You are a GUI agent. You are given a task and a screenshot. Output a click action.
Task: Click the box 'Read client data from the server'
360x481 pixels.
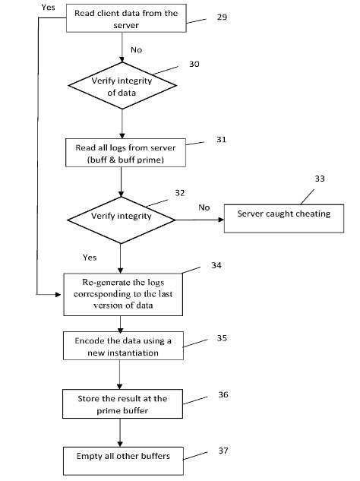tap(126, 18)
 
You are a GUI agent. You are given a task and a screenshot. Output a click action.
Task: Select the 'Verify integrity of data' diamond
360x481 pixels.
tap(122, 86)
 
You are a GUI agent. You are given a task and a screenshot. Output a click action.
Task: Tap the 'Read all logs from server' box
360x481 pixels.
tap(125, 153)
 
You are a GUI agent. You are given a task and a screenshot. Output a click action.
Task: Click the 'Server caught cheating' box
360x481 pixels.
tap(284, 218)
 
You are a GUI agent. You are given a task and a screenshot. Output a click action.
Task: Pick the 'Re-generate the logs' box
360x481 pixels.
tap(123, 295)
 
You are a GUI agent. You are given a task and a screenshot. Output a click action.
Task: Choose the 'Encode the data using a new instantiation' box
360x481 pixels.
tap(123, 346)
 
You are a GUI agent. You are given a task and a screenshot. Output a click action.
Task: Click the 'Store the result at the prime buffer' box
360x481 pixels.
tap(122, 404)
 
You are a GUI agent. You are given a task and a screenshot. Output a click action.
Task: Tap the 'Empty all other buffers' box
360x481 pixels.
tap(123, 461)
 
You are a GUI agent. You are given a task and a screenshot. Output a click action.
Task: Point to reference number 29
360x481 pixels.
tap(222, 17)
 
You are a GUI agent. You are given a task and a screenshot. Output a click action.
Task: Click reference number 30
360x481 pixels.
tap(194, 64)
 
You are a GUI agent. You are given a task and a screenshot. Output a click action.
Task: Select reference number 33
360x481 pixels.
tap(320, 179)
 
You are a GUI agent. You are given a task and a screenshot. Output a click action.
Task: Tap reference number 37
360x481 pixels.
tap(223, 451)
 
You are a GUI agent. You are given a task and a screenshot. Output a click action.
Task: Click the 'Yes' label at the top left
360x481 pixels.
tap(48, 7)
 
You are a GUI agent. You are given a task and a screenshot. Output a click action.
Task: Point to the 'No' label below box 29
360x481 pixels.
tap(136, 49)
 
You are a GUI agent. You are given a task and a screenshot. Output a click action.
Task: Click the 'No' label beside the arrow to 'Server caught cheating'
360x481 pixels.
tap(204, 207)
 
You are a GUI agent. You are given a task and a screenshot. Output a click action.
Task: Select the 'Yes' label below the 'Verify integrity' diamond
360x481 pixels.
tap(89, 257)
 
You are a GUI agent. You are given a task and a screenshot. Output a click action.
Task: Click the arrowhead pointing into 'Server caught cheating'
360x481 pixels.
tap(221, 220)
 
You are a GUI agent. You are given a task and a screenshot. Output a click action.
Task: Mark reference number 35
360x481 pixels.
tap(222, 338)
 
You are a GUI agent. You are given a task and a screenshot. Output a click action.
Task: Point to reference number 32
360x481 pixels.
tap(180, 193)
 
